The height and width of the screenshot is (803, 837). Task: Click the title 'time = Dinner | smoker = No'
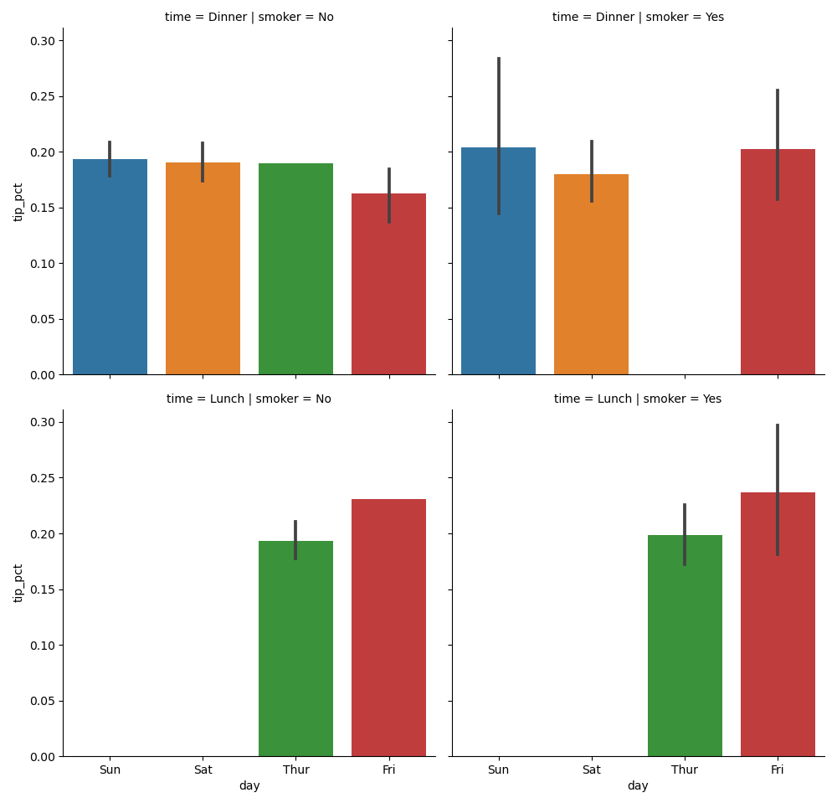pos(249,18)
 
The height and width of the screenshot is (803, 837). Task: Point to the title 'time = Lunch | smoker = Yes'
pos(638,399)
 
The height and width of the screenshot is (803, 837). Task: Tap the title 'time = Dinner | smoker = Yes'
pos(638,18)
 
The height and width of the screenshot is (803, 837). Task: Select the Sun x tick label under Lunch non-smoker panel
pos(110,770)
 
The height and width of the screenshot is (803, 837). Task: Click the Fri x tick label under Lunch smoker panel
pos(778,770)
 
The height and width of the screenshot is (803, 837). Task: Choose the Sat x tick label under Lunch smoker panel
pos(591,770)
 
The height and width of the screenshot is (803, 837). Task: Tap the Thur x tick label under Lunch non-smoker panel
pos(295,770)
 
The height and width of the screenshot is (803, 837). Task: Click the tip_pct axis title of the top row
pos(18,202)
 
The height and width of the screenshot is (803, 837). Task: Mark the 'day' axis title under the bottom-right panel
pos(638,786)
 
